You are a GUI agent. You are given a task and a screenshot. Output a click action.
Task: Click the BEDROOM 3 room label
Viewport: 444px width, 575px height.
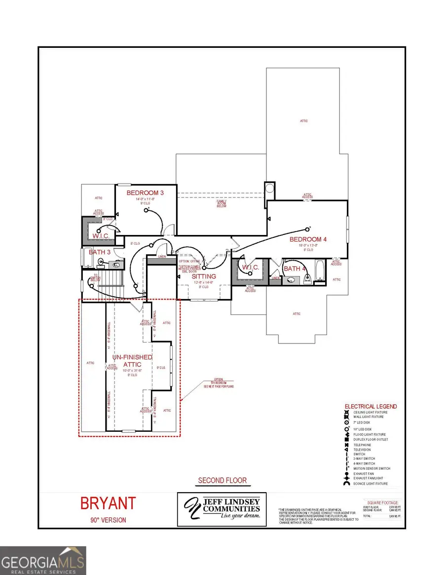tap(145, 193)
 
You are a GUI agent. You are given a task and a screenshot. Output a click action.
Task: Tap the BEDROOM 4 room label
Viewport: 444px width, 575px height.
tap(308, 239)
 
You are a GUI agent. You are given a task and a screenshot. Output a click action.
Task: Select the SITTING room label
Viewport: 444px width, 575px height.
tap(204, 277)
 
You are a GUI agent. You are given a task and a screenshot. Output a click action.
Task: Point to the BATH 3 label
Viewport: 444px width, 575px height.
tap(100, 252)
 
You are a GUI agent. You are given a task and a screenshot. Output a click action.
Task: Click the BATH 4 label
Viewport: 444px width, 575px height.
tap(295, 268)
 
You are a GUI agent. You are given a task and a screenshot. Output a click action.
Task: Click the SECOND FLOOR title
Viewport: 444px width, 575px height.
tap(222, 480)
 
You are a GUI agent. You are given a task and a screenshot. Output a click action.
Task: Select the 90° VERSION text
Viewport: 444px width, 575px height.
tap(108, 520)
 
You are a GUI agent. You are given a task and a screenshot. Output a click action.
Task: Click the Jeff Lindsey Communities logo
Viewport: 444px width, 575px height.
tap(222, 509)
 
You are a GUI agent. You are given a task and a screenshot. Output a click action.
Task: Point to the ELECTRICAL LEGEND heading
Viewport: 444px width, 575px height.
tap(370, 407)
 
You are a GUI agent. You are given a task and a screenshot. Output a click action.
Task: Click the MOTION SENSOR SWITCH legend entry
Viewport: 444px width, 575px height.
tap(371, 468)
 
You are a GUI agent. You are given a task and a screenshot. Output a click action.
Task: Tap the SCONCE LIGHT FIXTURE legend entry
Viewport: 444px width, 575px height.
tap(370, 484)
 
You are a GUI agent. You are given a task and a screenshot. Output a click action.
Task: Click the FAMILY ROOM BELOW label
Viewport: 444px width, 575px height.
tap(221, 203)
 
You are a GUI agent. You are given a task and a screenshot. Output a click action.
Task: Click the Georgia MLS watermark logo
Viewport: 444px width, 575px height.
tap(43, 561)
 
